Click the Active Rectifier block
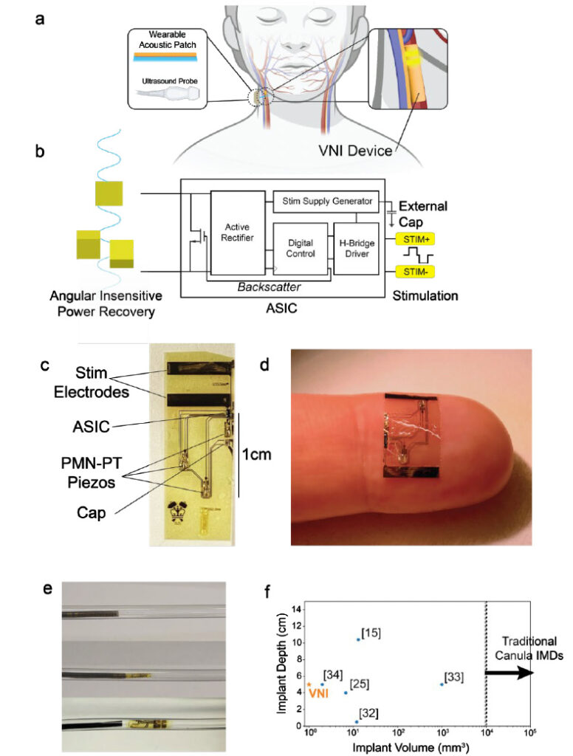(238, 233)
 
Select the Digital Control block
(301, 248)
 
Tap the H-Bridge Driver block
(357, 248)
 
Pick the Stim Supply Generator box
(326, 201)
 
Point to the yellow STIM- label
(415, 272)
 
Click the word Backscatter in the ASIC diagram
(269, 287)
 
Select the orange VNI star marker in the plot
(309, 684)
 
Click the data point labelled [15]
(358, 639)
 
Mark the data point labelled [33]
(442, 684)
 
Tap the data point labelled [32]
(357, 722)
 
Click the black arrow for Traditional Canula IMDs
(509, 673)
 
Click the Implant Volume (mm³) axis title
(411, 747)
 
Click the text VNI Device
(355, 151)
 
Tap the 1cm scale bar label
(256, 454)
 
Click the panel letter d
(264, 365)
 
